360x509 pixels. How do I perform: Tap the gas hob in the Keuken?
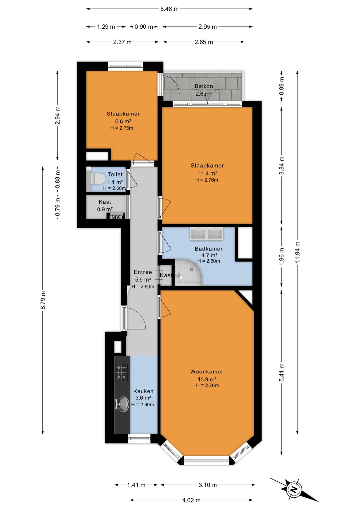pyautogui.click(x=122, y=372)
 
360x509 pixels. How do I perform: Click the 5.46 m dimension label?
pyautogui.click(x=169, y=9)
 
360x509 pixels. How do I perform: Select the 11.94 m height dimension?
pyautogui.click(x=297, y=252)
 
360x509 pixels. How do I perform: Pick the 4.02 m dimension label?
pyautogui.click(x=191, y=500)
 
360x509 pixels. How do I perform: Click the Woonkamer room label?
pyautogui.click(x=207, y=372)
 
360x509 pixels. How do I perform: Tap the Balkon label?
pyautogui.click(x=204, y=86)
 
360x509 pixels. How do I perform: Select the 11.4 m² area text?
pyautogui.click(x=208, y=173)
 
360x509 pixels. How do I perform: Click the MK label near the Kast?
pyautogui.click(x=116, y=217)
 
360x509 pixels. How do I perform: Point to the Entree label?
pyautogui.click(x=143, y=272)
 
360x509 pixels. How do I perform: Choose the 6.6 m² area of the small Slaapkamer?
pyautogui.click(x=123, y=121)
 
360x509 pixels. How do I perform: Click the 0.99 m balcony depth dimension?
pyautogui.click(x=282, y=86)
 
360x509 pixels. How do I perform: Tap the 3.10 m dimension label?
pyautogui.click(x=208, y=485)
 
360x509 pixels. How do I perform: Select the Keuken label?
pyautogui.click(x=143, y=391)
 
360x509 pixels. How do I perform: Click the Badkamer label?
pyautogui.click(x=209, y=249)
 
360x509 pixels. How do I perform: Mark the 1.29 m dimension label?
pyautogui.click(x=106, y=27)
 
